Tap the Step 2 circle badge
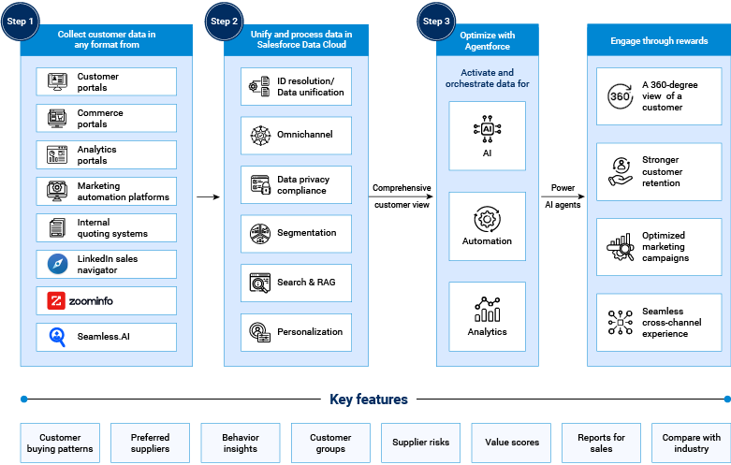click(226, 21)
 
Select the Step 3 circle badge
click(437, 21)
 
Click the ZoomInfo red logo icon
click(57, 300)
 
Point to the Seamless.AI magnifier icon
click(57, 337)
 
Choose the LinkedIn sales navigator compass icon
click(57, 265)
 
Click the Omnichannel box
click(296, 135)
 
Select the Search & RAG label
click(306, 282)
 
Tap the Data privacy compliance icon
click(259, 184)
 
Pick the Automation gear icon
click(487, 220)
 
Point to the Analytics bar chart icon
click(487, 308)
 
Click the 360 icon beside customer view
click(620, 95)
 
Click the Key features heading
click(368, 400)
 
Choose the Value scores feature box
click(510, 443)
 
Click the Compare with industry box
click(691, 443)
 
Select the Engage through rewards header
click(658, 41)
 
